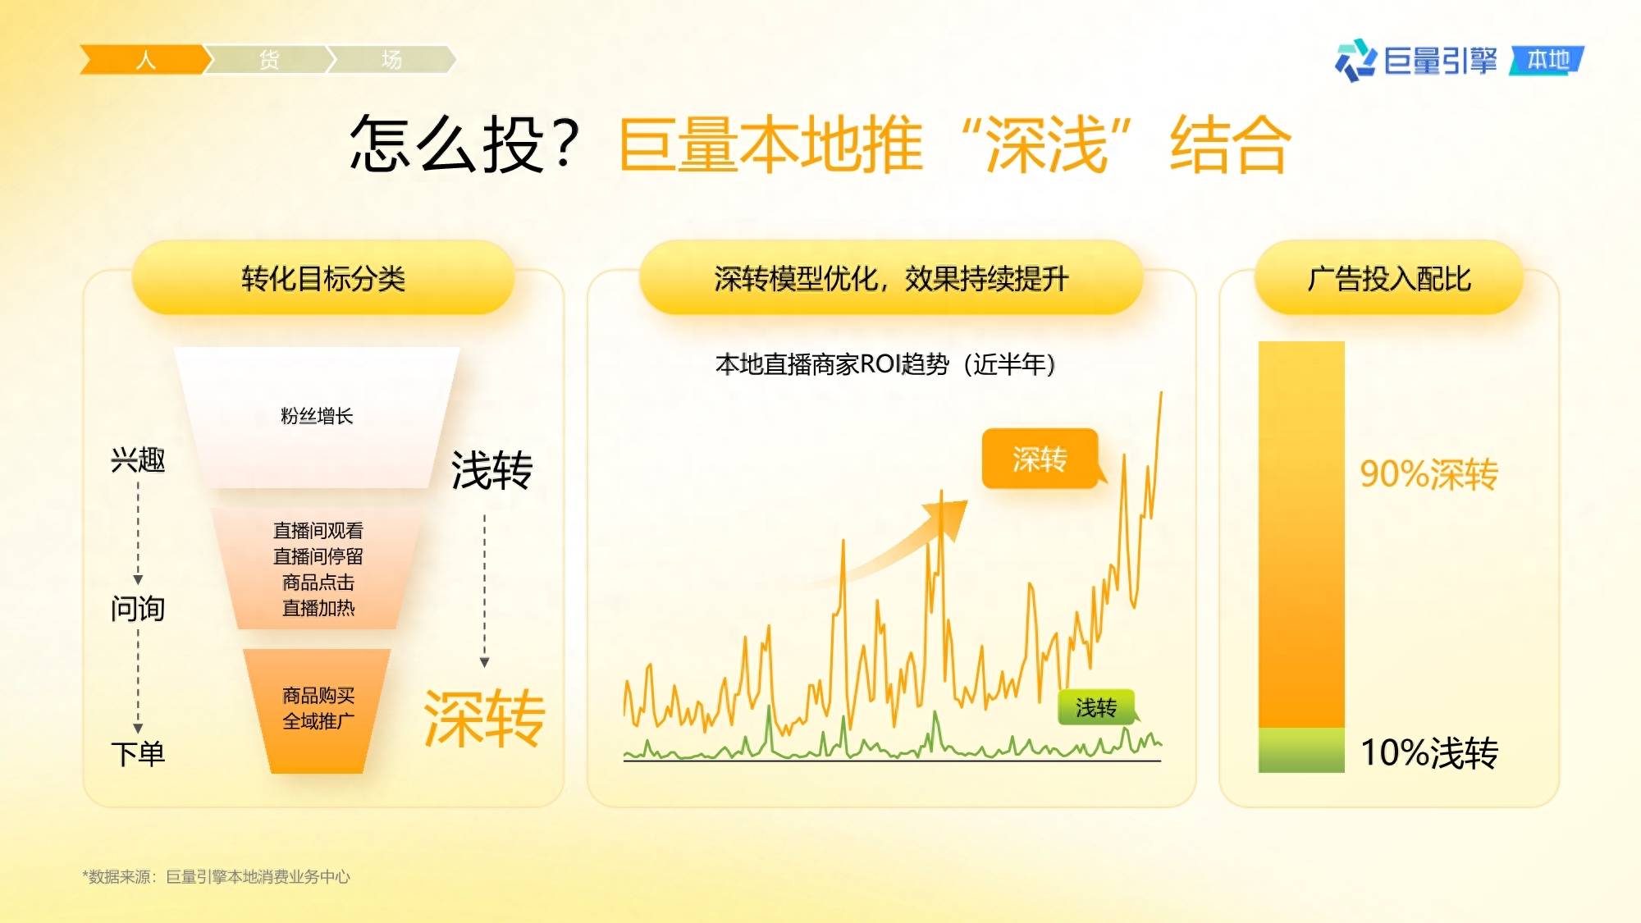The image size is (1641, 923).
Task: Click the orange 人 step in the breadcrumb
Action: click(144, 60)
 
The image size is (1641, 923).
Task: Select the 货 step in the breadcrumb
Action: click(268, 60)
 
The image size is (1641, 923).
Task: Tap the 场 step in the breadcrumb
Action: click(391, 60)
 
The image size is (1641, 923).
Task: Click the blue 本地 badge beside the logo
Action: click(1547, 60)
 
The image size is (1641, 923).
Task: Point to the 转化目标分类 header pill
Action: click(323, 278)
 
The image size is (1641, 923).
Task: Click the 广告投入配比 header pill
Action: click(1388, 278)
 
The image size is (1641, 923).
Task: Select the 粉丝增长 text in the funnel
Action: click(317, 416)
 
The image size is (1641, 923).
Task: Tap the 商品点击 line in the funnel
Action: click(318, 583)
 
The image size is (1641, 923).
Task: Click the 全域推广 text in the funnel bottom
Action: click(318, 721)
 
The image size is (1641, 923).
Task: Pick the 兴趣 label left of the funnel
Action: click(138, 459)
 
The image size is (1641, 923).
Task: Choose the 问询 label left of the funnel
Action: click(138, 609)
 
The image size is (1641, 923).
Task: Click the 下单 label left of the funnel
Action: click(138, 753)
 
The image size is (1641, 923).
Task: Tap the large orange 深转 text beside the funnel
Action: click(484, 719)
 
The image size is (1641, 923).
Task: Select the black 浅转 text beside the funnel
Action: click(492, 470)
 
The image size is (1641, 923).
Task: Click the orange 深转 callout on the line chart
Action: click(1040, 459)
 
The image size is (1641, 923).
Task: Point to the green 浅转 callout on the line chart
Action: click(1097, 707)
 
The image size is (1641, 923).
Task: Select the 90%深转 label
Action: click(1428, 473)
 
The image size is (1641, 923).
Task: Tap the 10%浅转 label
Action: click(1429, 752)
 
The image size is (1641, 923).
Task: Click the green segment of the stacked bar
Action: click(1301, 750)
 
